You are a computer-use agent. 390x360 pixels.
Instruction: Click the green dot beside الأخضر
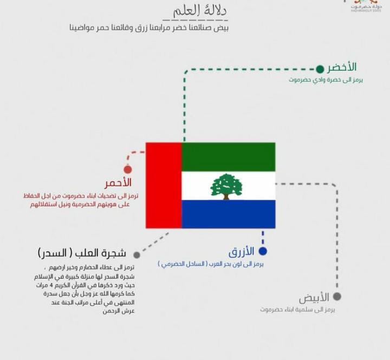pyautogui.click(x=320, y=69)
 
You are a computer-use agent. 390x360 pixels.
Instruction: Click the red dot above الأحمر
pyautogui.click(x=128, y=169)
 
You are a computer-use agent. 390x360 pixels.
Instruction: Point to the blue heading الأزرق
pyautogui.click(x=241, y=252)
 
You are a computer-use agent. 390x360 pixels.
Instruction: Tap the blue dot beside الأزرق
pyautogui.click(x=263, y=251)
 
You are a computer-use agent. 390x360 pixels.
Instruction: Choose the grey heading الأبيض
pyautogui.click(x=314, y=298)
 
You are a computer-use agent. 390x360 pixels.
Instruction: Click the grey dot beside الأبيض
pyautogui.click(x=337, y=297)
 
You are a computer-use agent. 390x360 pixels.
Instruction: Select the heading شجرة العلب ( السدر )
pyautogui.click(x=82, y=254)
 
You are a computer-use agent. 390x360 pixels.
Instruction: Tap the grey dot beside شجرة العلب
pyautogui.click(x=136, y=254)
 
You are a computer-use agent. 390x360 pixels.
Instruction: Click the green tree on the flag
pyautogui.click(x=226, y=186)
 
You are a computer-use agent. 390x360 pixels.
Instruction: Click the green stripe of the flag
pyautogui.click(x=228, y=157)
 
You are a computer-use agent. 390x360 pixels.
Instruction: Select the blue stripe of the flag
pyautogui.click(x=228, y=214)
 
